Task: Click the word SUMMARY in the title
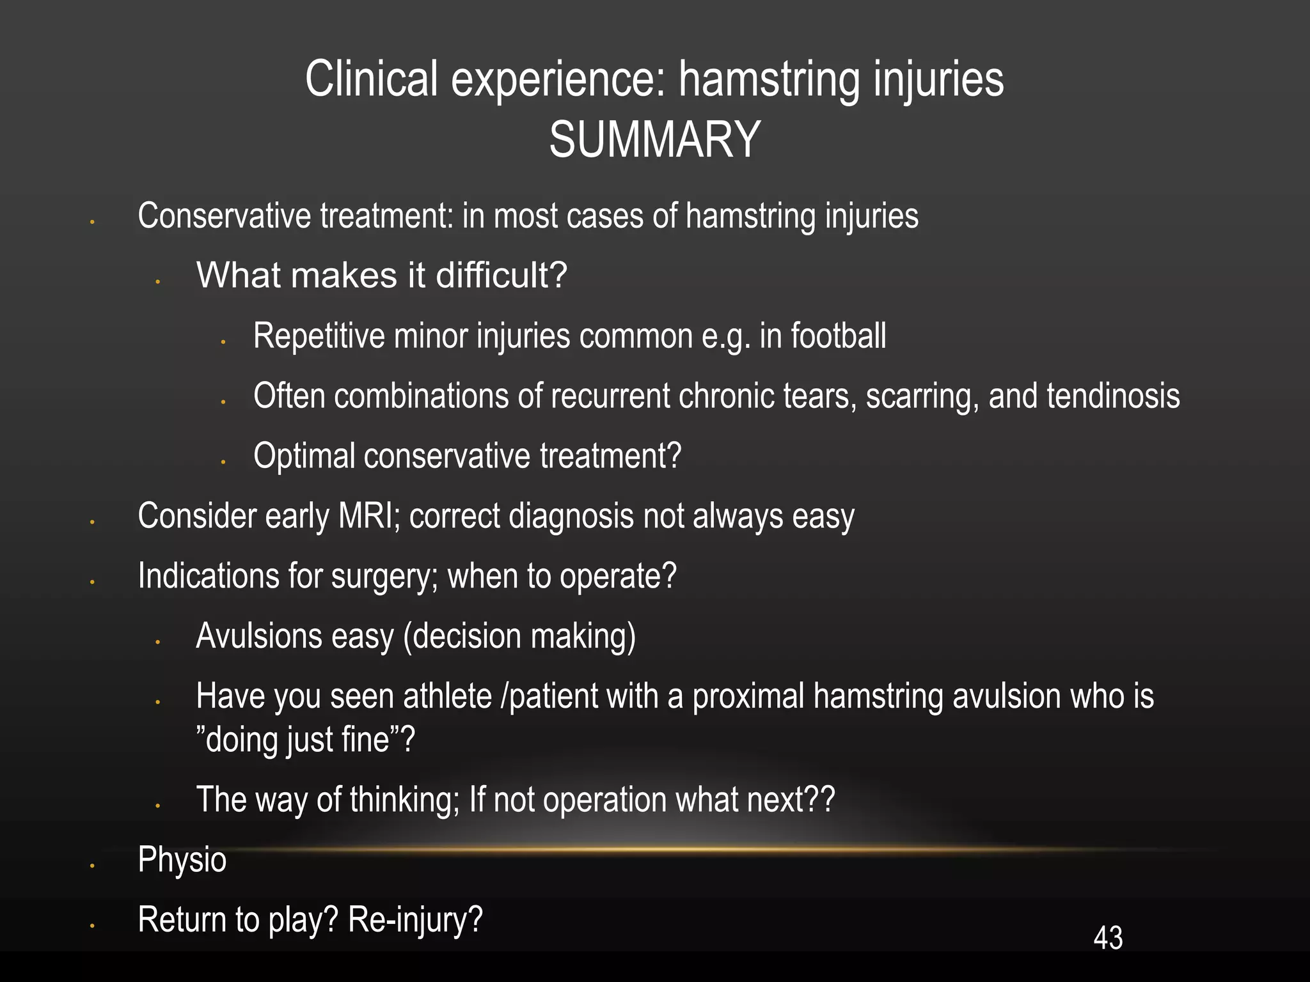[x=654, y=140]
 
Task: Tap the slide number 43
[x=1108, y=938]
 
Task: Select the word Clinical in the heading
[x=372, y=79]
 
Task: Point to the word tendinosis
[x=1113, y=396]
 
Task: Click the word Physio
[x=182, y=860]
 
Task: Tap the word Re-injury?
[x=415, y=920]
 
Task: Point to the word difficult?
[x=501, y=276]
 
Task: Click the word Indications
[x=209, y=576]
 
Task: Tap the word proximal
[x=748, y=696]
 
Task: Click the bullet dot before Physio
[x=93, y=866]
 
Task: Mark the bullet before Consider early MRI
[x=93, y=522]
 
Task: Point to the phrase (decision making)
[x=519, y=637]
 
